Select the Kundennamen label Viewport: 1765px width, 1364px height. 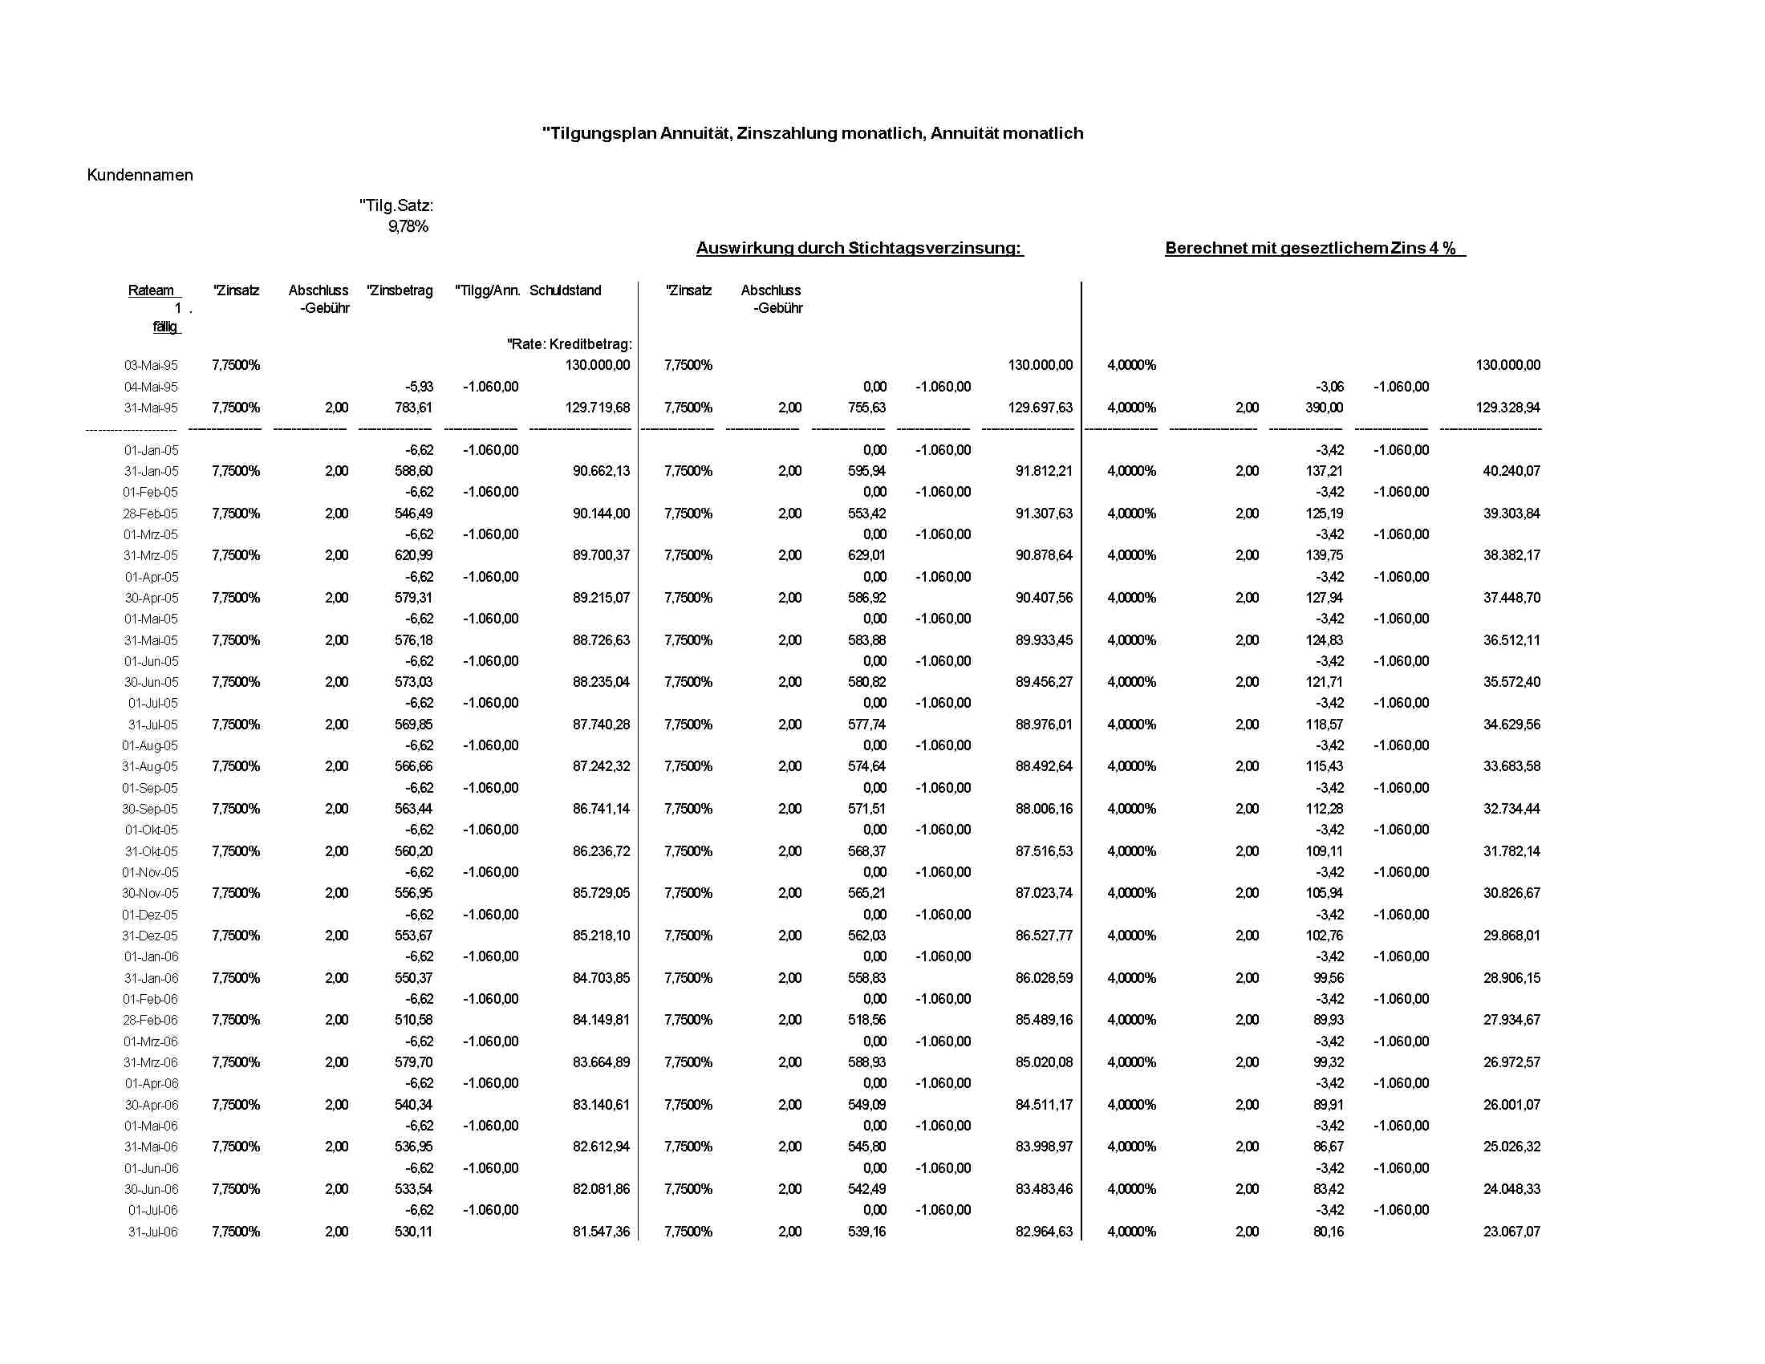pyautogui.click(x=140, y=176)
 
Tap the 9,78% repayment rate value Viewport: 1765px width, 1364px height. pyautogui.click(x=408, y=227)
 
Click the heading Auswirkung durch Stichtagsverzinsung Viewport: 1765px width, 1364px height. pyautogui.click(x=859, y=248)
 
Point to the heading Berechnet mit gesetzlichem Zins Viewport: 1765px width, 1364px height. pyautogui.click(x=1314, y=248)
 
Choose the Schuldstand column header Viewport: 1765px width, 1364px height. pyautogui.click(x=565, y=290)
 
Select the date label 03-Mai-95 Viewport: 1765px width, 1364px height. pyautogui.click(x=151, y=365)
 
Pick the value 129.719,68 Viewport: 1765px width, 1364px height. pyautogui.click(x=597, y=408)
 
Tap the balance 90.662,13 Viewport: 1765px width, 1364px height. pyautogui.click(x=601, y=471)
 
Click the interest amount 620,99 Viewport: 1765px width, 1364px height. pyautogui.click(x=414, y=555)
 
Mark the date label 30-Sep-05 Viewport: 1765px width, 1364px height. pyautogui.click(x=150, y=809)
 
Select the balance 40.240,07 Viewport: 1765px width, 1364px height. pyautogui.click(x=1511, y=471)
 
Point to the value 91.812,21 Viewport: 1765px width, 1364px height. pyautogui.click(x=1044, y=471)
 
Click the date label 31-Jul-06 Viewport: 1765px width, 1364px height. pyautogui.click(x=152, y=1232)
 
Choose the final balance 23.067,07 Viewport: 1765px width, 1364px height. pyautogui.click(x=1511, y=1232)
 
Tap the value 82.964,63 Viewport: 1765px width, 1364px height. pyautogui.click(x=1044, y=1232)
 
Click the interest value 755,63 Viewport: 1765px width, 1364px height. pyautogui.click(x=866, y=408)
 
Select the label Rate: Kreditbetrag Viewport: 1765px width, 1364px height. pyautogui.click(x=570, y=344)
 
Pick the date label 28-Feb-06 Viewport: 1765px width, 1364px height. pyautogui.click(x=150, y=1020)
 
